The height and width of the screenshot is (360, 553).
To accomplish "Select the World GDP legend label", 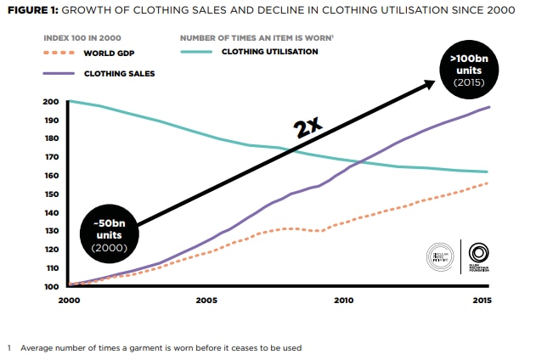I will pos(109,53).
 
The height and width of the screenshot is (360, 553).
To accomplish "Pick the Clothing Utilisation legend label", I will pos(269,51).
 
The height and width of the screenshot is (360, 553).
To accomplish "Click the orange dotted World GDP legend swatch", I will pos(60,53).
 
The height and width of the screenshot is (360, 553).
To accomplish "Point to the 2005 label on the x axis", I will pos(206,300).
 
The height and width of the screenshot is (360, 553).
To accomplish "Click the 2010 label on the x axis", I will pos(343,300).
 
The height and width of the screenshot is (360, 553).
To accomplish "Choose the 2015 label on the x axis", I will pos(480,300).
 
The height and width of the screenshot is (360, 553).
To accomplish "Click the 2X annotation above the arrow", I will pos(307,127).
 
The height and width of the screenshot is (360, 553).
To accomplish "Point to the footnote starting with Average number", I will pos(161,347).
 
